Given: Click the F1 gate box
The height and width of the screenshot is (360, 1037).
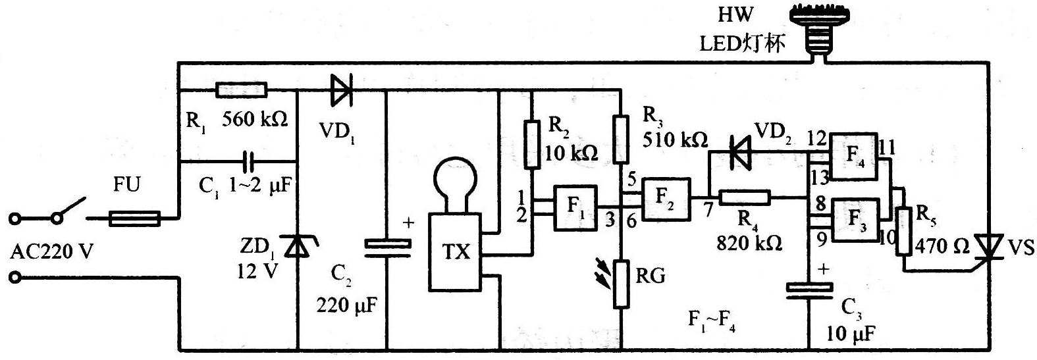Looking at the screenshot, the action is pos(576,207).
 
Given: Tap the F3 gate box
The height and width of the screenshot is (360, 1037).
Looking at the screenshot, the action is pos(856,220).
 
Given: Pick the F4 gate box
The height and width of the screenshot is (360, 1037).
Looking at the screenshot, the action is pos(854,157).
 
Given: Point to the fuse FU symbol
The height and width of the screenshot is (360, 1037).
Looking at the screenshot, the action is pos(135,219).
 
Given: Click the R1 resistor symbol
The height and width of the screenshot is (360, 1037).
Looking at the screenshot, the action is pos(241,90).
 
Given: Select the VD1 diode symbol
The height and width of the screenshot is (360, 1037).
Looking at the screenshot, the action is pos(342,90).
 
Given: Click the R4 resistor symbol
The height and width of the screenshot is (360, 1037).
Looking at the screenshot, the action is pos(745,197).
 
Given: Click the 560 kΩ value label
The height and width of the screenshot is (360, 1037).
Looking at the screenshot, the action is pos(255,119).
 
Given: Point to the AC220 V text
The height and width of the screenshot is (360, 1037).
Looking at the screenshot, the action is pos(51,252).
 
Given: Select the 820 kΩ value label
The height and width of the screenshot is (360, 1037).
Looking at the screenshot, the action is pos(749,242).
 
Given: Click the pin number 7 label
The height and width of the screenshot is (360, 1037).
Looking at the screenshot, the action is pos(708,210).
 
